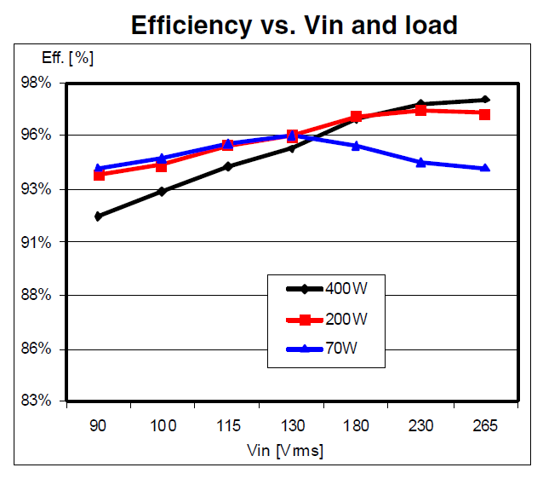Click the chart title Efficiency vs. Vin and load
click(294, 26)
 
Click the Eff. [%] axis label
click(68, 59)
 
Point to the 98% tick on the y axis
click(37, 83)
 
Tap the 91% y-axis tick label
click(37, 242)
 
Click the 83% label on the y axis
click(37, 401)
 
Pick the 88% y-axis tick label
click(37, 295)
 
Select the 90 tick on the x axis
click(99, 426)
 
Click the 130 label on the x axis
click(291, 426)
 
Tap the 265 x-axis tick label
click(484, 426)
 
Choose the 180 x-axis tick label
click(356, 426)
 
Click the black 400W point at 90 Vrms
click(99, 216)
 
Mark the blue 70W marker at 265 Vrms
click(484, 168)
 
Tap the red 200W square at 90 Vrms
click(99, 175)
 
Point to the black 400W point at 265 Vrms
click(484, 100)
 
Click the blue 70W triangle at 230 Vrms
click(420, 162)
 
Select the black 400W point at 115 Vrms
click(227, 166)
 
